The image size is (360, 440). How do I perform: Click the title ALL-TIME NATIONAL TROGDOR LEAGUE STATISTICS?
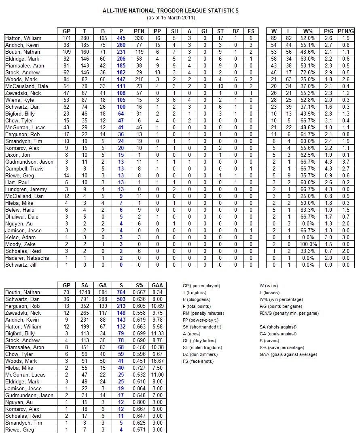[170, 11]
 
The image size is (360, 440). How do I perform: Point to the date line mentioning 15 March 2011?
[170, 17]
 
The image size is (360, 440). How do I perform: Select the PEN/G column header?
[345, 31]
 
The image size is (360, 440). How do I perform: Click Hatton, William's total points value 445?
[121, 38]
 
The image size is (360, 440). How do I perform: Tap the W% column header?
[309, 31]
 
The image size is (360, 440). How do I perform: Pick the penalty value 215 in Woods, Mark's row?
[140, 79]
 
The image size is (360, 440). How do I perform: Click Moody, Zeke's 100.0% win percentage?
[309, 244]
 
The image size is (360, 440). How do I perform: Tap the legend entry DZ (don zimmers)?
[201, 354]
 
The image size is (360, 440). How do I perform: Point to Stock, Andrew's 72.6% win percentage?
[309, 72]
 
